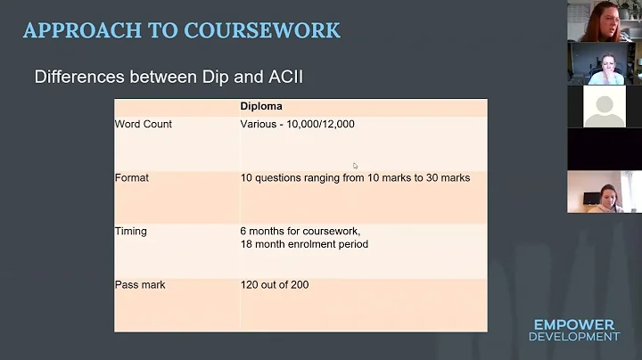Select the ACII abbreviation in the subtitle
283,77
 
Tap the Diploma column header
261,107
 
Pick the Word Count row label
144,124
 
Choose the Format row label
132,177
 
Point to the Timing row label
131,231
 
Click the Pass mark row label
140,284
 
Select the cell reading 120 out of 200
275,284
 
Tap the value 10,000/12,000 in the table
319,124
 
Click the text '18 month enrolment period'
304,243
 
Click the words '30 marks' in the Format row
448,177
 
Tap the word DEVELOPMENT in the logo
573,337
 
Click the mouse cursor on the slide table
355,165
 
